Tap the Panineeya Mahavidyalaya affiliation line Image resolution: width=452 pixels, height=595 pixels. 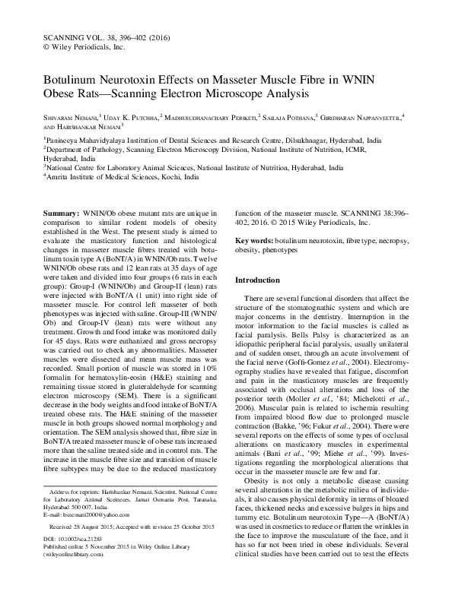pyautogui.click(x=198, y=141)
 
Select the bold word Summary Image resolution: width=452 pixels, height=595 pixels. pyautogui.click(x=62, y=215)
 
